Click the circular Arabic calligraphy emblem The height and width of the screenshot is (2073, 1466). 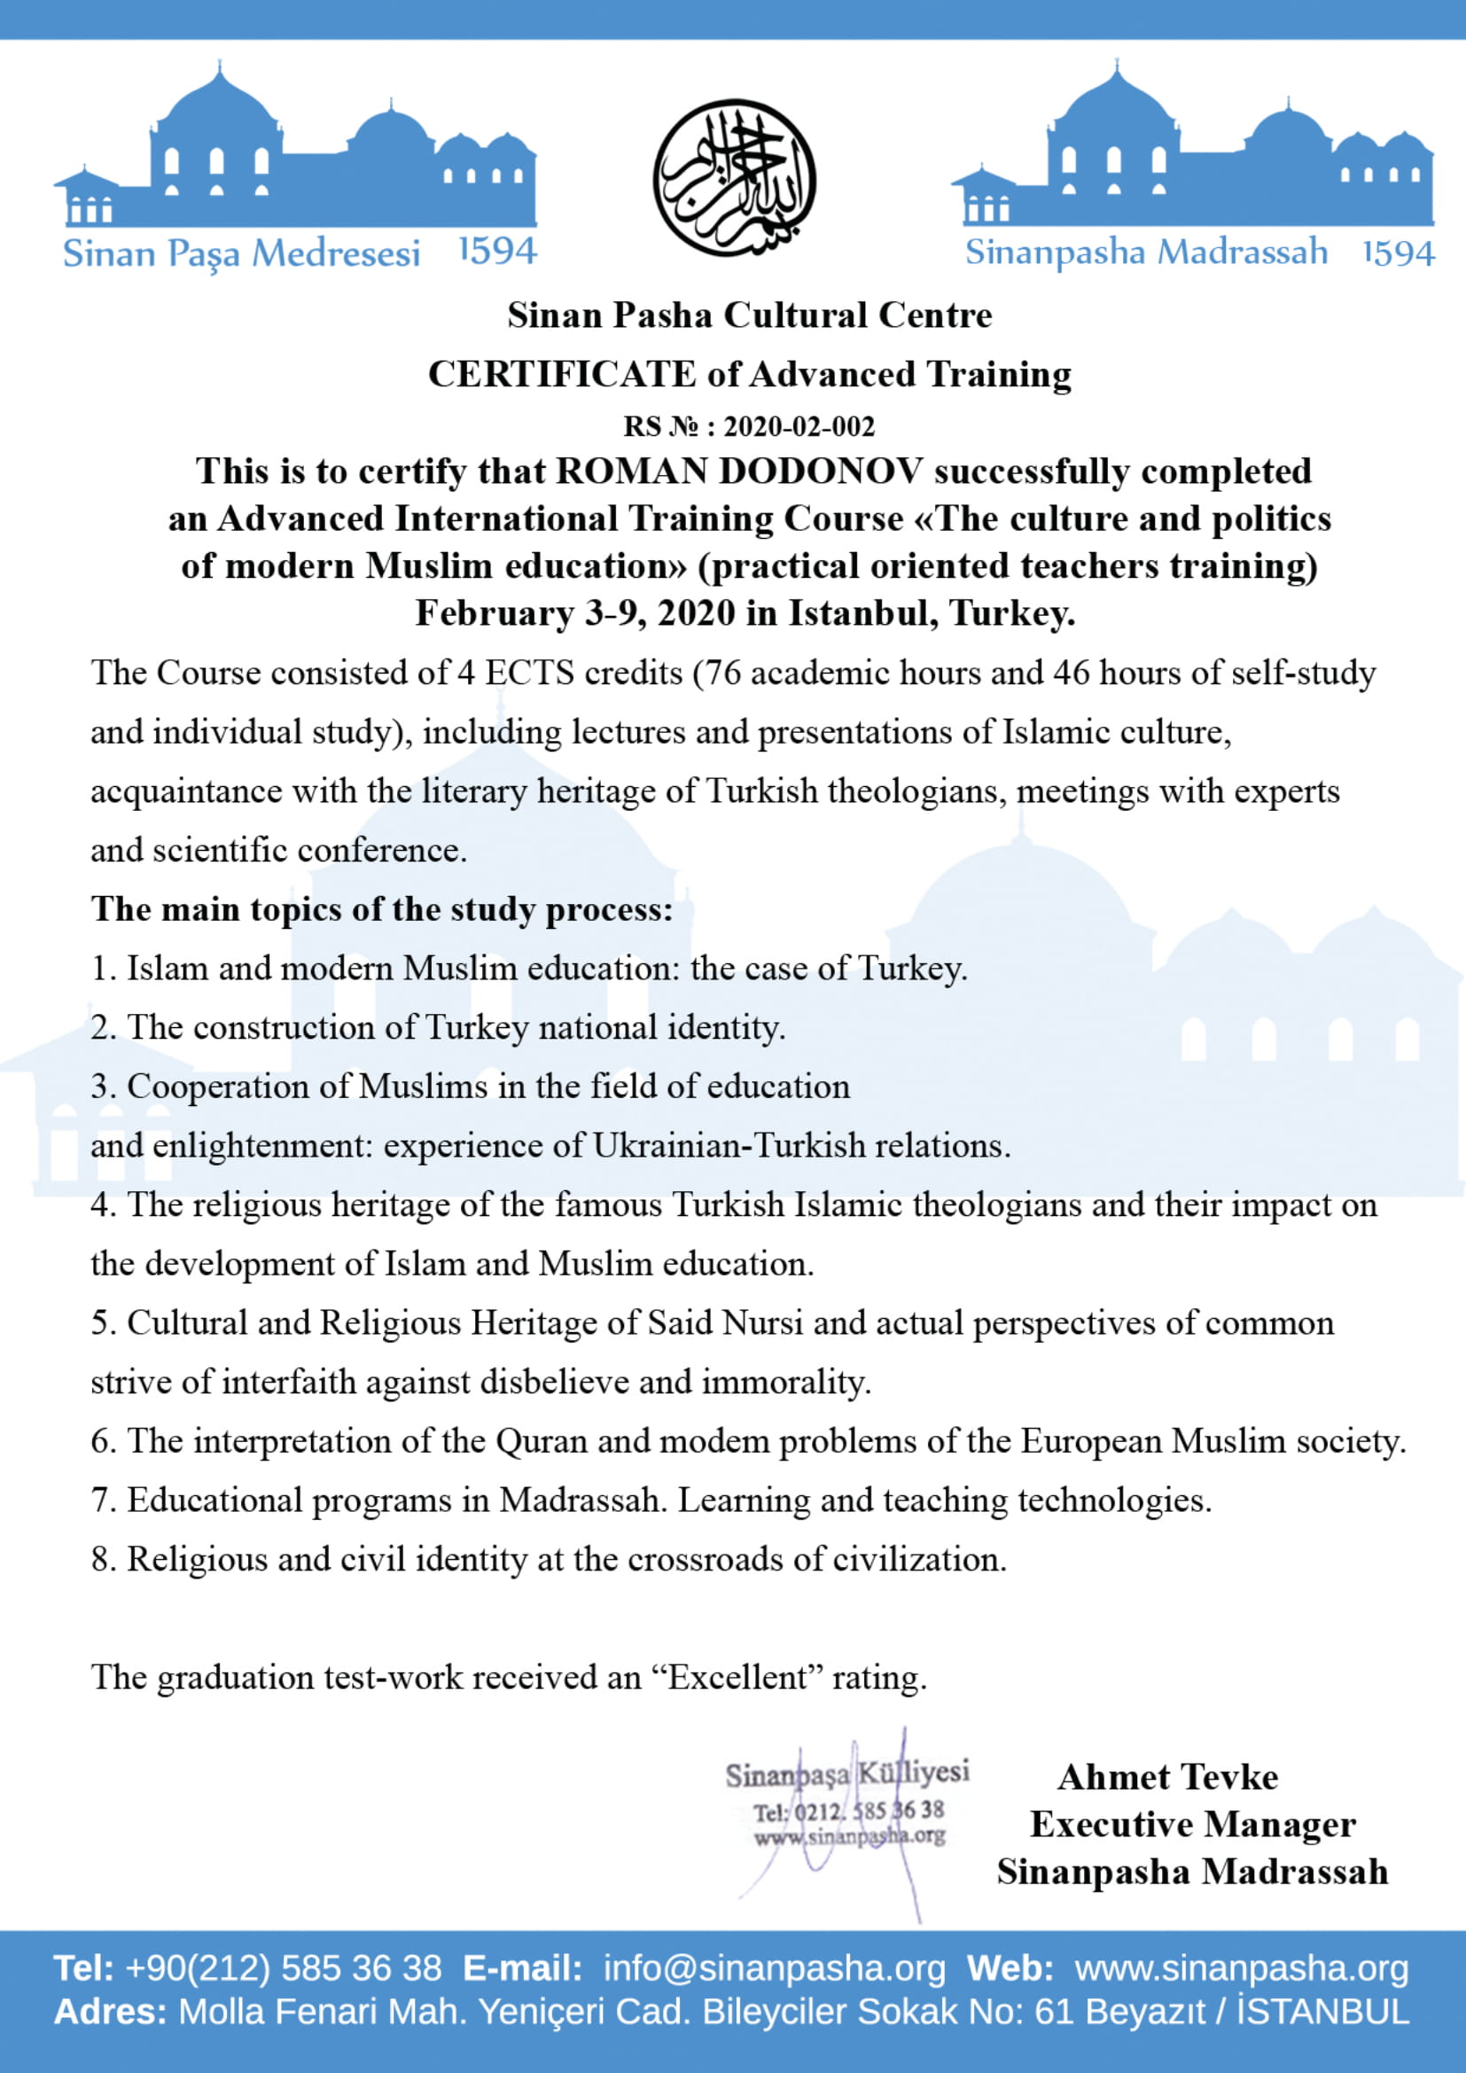pos(734,178)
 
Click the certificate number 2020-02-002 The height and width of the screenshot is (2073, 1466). pos(799,426)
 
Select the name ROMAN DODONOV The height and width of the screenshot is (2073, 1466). pos(739,471)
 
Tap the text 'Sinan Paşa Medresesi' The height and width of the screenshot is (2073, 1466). pos(241,253)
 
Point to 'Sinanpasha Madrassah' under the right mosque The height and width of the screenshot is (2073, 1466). pos(1146,252)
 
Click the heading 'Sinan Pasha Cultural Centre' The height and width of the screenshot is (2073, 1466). pos(749,316)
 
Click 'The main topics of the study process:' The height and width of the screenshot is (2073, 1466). pos(382,908)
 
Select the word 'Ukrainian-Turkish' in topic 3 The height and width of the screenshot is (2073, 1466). pos(729,1146)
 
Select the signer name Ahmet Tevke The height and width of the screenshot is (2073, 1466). pos(1168,1777)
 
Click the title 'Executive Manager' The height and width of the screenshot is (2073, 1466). pos(1192,1824)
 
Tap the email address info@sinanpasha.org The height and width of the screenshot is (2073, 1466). pos(775,1968)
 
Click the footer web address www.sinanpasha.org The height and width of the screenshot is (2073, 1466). pos(1241,1968)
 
